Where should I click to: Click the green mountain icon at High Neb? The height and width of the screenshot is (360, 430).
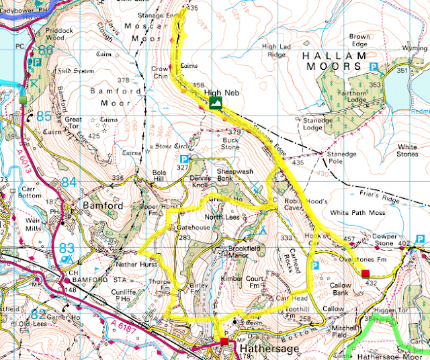[x=215, y=102]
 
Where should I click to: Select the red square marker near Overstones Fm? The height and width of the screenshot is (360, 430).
[x=365, y=273]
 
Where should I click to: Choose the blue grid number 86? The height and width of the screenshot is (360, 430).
[x=46, y=50]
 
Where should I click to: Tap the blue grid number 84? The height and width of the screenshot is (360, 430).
[x=69, y=182]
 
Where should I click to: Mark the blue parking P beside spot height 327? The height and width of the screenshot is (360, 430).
[x=191, y=159]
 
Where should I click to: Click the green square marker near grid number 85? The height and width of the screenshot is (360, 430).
[x=23, y=100]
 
